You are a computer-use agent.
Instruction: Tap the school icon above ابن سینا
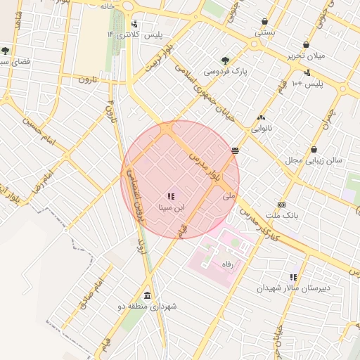point(170,196)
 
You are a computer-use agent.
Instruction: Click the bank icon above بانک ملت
point(281,204)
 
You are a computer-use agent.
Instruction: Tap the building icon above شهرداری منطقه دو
point(147,295)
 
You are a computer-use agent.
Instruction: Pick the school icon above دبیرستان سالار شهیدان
point(293,277)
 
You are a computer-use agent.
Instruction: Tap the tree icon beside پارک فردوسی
point(225,60)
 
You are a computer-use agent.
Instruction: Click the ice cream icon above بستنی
point(264,22)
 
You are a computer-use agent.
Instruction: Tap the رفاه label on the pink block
point(226,264)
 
